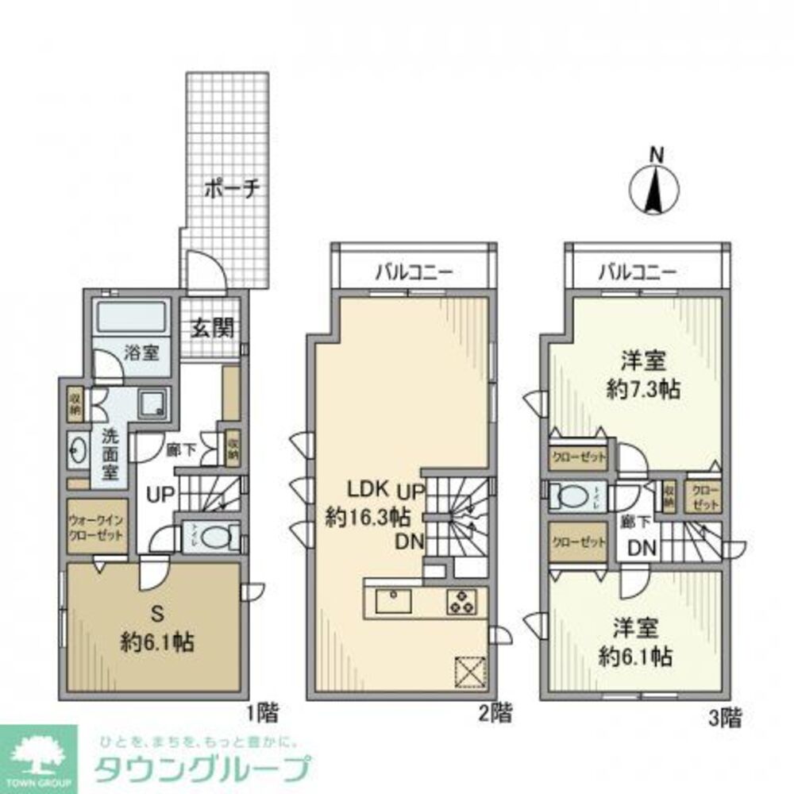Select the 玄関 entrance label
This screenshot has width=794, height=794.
coord(209,326)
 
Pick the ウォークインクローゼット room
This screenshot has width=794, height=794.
coord(96,527)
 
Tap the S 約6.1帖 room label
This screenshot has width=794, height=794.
coord(152,627)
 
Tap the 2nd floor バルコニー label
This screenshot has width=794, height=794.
coord(413,272)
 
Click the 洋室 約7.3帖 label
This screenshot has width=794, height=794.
coord(642,376)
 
